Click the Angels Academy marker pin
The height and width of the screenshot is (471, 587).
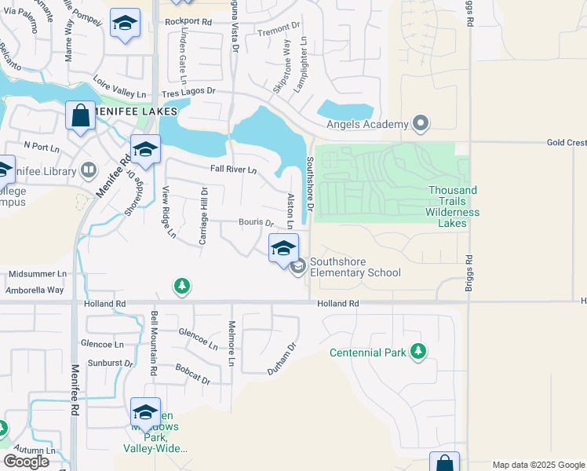[421, 124]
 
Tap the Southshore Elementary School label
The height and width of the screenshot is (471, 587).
[355, 267]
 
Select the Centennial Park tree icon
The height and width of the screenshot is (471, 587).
[418, 352]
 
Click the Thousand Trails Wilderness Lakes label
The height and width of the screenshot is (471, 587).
[452, 206]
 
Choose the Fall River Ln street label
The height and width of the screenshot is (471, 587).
[233, 170]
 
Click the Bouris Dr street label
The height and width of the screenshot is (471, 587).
[256, 223]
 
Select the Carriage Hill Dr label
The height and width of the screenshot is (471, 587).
[202, 215]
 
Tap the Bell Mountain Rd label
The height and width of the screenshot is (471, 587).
[153, 343]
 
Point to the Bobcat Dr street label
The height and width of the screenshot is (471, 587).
[193, 374]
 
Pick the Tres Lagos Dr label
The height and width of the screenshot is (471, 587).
[189, 90]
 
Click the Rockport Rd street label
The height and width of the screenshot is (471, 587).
[188, 21]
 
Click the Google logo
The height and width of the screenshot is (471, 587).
[26, 462]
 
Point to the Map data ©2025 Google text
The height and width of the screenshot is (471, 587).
[538, 465]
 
